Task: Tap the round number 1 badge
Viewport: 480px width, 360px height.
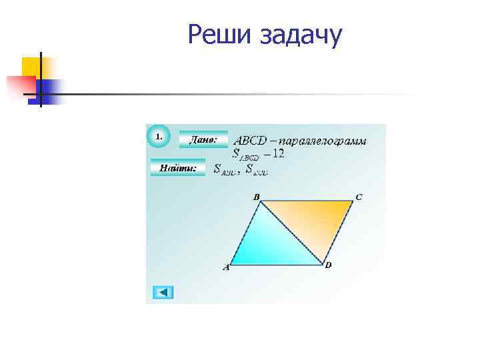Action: (158, 136)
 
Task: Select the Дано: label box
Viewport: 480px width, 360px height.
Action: (203, 140)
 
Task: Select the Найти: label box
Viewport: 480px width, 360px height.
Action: (178, 169)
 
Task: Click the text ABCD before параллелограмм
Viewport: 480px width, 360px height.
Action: (249, 141)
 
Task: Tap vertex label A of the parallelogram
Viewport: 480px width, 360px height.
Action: (226, 268)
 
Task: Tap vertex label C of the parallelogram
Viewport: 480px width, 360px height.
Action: (359, 197)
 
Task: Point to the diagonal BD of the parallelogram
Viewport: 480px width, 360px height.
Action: (291, 231)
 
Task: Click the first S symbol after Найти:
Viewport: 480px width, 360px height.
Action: (217, 169)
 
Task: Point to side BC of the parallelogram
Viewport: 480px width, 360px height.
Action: (307, 201)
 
